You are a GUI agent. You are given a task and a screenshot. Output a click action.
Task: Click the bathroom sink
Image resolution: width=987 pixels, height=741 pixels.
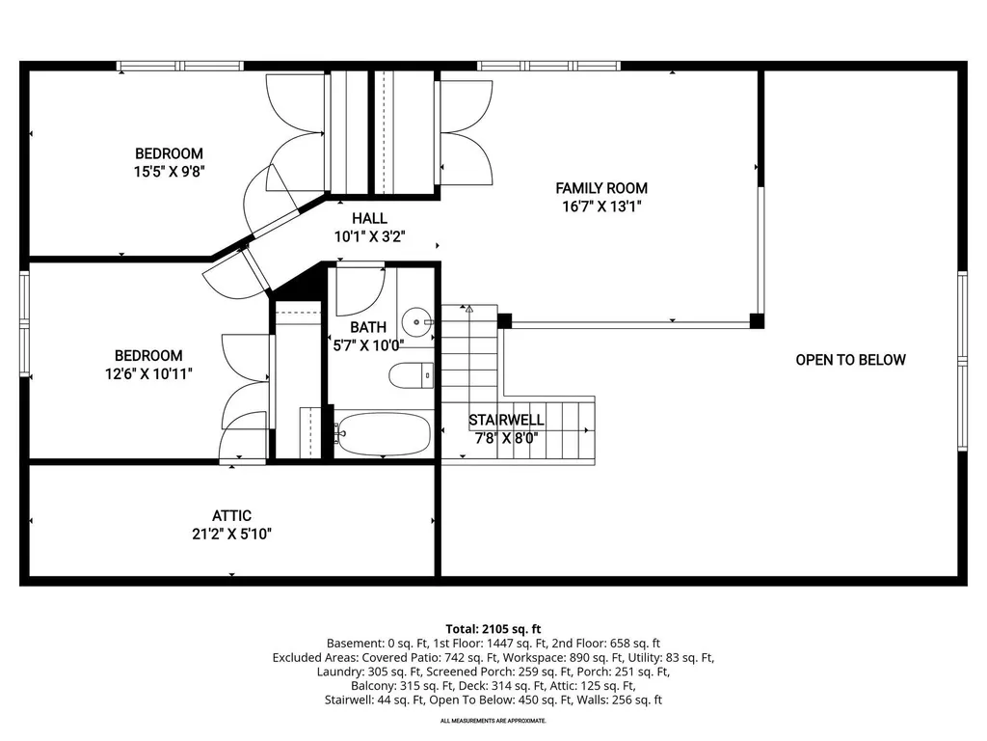pos(416,322)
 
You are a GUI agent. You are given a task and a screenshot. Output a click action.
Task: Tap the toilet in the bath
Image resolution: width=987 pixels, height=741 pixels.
pos(411,375)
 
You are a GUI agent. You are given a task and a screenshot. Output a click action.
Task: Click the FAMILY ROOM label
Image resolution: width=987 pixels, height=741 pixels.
pos(601,188)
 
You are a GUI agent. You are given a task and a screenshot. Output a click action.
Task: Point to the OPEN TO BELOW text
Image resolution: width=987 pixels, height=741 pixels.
pos(850,360)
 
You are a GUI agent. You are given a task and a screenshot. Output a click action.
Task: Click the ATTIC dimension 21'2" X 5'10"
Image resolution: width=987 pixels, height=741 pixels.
pos(231,534)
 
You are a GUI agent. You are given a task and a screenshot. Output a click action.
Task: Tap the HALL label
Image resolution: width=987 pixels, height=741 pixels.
pos(369,218)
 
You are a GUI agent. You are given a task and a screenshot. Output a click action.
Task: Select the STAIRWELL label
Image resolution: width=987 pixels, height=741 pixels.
pos(506,420)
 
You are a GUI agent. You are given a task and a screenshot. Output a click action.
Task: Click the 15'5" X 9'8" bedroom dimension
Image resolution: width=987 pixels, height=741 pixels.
pos(170,171)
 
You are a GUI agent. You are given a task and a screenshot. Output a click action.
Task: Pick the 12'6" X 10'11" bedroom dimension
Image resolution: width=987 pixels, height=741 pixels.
pos(148,373)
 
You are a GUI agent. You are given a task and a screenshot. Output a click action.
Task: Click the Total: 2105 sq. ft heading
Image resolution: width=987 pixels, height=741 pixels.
pos(493,629)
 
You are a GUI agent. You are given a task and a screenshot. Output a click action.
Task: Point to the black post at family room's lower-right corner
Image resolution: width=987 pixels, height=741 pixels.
pos(758,320)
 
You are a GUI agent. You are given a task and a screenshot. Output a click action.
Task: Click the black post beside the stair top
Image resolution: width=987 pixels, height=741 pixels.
pos(504,320)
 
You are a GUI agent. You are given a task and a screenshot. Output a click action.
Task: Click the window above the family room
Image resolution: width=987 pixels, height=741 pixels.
pos(548,66)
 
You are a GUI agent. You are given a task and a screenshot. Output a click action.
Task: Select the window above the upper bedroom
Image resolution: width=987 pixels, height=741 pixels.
pos(180,66)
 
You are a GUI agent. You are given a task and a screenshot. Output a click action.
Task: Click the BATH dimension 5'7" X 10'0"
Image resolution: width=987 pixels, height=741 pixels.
pos(368,344)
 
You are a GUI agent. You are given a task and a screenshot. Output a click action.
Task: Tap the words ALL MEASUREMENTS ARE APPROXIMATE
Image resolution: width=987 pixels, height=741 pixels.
pos(493,720)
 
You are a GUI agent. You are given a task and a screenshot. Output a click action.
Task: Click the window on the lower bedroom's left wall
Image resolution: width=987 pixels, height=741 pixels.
pos(24,324)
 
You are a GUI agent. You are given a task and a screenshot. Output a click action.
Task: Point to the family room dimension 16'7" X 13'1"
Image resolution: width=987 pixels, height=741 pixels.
pos(601,206)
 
